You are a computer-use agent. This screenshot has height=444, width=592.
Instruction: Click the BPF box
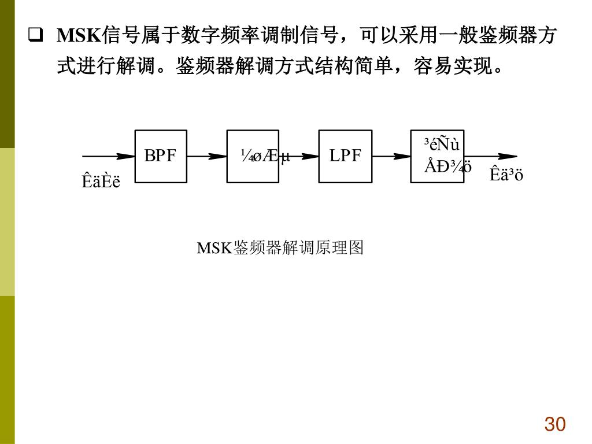click(161, 156)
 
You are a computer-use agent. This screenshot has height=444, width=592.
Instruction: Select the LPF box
click(345, 156)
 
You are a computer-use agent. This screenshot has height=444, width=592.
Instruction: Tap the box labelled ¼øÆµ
click(253, 156)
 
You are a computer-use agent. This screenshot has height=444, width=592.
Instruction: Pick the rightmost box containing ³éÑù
click(437, 156)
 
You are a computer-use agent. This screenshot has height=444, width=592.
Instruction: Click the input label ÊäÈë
click(101, 182)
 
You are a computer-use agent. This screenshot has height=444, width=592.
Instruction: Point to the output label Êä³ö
click(506, 174)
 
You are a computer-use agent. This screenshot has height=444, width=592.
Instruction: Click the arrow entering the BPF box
click(109, 156)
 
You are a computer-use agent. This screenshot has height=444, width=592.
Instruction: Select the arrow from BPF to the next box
click(206, 156)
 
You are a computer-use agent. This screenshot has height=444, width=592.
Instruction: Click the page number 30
click(554, 424)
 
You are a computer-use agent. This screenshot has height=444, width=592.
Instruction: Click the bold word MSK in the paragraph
click(79, 36)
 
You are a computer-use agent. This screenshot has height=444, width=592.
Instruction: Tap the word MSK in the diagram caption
click(214, 249)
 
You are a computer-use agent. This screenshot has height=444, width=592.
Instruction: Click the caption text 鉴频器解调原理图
click(298, 248)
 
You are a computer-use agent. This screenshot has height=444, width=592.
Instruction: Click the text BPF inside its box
click(160, 156)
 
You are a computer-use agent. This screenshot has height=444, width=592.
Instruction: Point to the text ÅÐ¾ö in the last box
click(448, 167)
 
